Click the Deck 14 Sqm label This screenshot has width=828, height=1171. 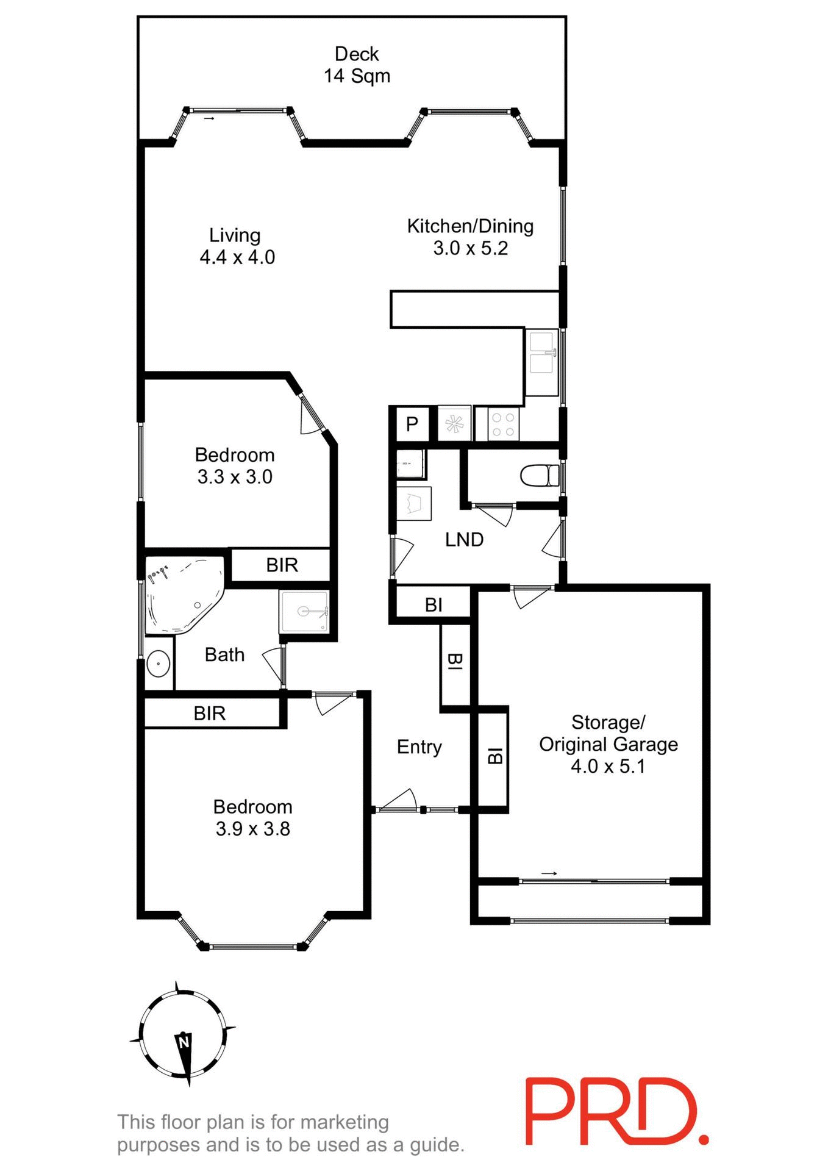[x=357, y=65]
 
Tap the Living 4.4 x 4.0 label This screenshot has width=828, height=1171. [x=237, y=246]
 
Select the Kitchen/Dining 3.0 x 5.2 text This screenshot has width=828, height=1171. [x=470, y=237]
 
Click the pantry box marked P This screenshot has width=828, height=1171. [x=412, y=423]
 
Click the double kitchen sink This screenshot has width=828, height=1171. [x=541, y=362]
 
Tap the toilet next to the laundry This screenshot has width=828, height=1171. [x=540, y=475]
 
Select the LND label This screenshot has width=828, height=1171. [x=464, y=540]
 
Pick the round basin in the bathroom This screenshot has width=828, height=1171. [x=159, y=664]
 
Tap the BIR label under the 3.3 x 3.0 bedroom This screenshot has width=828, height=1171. [x=282, y=565]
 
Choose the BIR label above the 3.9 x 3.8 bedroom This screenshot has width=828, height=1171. [x=209, y=713]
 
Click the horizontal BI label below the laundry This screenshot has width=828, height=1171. [x=434, y=605]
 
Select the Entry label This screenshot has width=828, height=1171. [x=419, y=747]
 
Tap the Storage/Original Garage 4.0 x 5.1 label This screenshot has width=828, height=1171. [x=608, y=744]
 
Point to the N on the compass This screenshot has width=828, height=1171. [x=184, y=1042]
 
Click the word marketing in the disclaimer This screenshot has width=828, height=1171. [x=344, y=1122]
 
